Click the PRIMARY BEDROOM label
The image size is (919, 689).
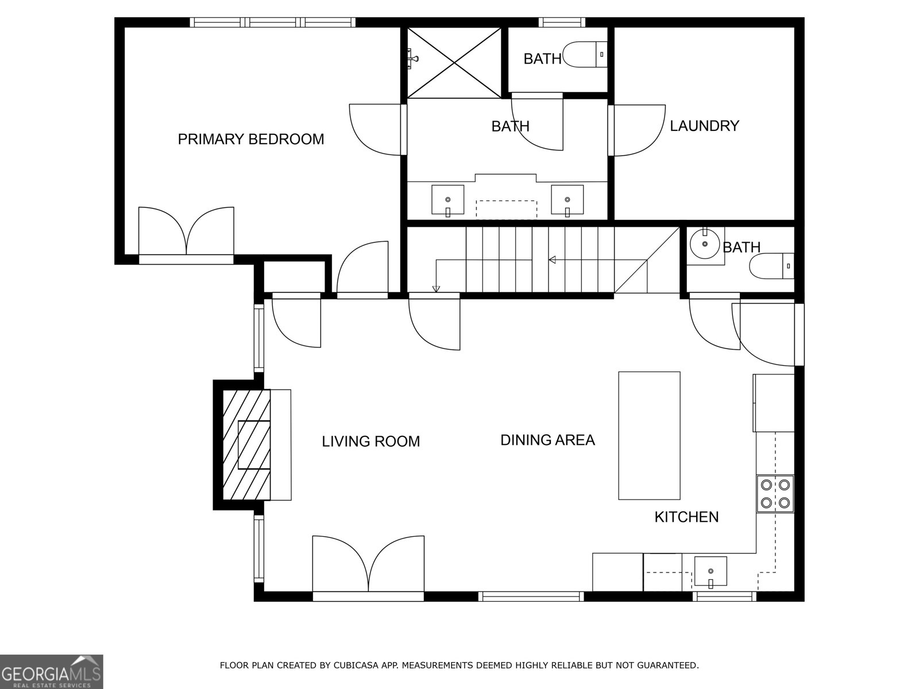[x=250, y=139]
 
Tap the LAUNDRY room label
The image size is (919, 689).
[x=704, y=126]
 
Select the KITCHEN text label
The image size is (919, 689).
[x=686, y=517]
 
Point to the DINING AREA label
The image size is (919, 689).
[x=547, y=440]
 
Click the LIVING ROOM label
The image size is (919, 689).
[x=370, y=441]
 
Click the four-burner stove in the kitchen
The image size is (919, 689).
[x=775, y=493]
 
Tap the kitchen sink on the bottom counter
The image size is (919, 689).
[x=711, y=571]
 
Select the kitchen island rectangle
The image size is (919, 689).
[x=649, y=435]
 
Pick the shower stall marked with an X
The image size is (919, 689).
[x=454, y=62]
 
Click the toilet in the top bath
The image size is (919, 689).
[x=585, y=55]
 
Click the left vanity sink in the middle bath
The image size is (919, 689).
[x=447, y=200]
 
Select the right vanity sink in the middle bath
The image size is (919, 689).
[x=567, y=200]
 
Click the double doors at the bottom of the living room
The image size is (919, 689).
[x=368, y=566]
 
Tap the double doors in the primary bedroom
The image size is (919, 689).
[x=187, y=233]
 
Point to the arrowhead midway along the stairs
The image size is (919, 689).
[x=552, y=260]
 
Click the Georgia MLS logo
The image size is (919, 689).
[x=51, y=671]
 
